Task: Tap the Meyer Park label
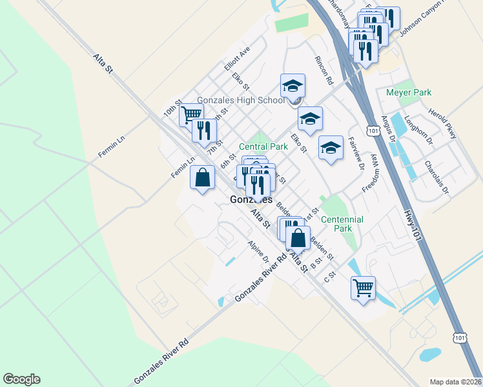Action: pos(408,93)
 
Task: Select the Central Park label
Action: pos(263,146)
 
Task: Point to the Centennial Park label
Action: pos(342,224)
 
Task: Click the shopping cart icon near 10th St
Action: pos(190,115)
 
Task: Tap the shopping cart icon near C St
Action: pos(363,287)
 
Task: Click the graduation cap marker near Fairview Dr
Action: pos(331,148)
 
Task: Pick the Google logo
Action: pos(21,379)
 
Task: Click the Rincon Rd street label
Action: pos(323,71)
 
